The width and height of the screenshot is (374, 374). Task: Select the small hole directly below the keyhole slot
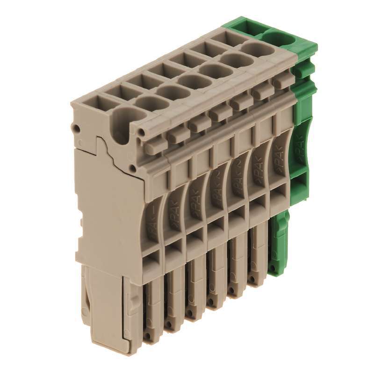pos(134,167)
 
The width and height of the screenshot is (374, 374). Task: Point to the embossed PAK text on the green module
pos(299,148)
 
